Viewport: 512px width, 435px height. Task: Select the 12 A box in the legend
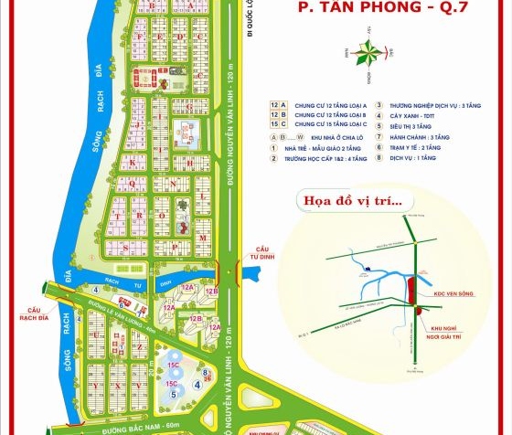[x=278, y=105]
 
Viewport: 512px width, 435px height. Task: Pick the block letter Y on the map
[x=97, y=385]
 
